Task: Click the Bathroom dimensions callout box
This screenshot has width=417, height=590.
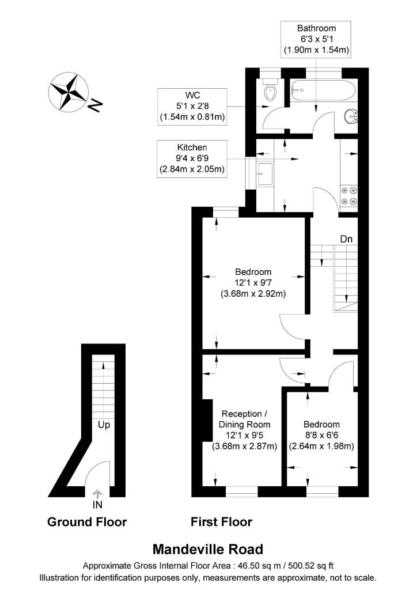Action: (316, 39)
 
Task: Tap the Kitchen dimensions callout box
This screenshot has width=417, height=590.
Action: (192, 158)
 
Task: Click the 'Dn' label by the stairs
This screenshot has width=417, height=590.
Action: (346, 239)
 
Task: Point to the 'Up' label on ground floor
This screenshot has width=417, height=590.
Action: (104, 425)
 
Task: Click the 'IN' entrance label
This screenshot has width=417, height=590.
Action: (98, 505)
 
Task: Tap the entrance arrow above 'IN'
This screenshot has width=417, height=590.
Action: (98, 493)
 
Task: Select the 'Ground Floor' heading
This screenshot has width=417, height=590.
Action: (86, 522)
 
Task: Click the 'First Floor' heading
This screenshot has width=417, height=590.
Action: (221, 522)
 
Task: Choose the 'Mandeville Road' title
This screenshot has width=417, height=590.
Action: (207, 549)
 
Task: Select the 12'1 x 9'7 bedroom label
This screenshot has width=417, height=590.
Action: (253, 282)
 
